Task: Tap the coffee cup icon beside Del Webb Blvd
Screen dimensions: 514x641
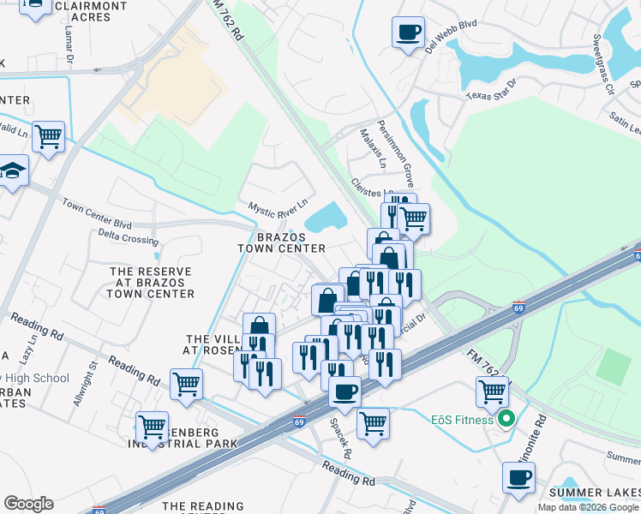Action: coord(408,33)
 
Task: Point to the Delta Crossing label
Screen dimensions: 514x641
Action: coord(128,237)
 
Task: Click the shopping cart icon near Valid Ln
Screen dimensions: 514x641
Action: coord(49,135)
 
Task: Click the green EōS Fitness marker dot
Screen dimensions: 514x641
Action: coord(506,420)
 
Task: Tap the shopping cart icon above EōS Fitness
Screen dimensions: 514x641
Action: coord(492,391)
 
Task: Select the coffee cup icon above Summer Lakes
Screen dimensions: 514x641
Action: coord(518,477)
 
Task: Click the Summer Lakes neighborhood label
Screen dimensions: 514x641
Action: coord(596,492)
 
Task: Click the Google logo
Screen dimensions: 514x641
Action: coord(29,504)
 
